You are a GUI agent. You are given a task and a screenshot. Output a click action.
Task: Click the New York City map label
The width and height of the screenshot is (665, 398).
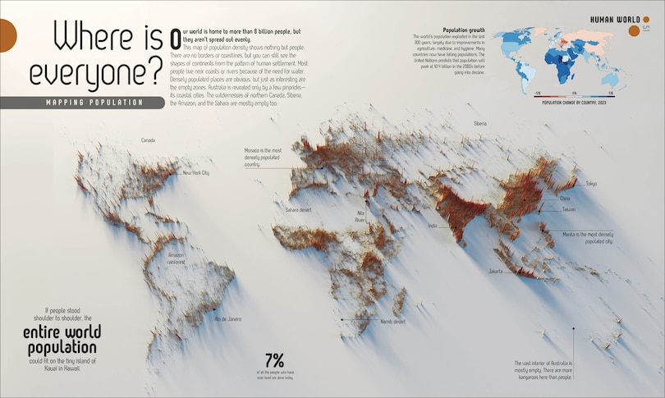click(x=195, y=173)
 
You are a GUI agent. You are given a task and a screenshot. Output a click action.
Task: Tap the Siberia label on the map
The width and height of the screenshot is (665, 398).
click(x=479, y=123)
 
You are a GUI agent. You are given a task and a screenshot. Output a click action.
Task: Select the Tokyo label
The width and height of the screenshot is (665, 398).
click(x=591, y=184)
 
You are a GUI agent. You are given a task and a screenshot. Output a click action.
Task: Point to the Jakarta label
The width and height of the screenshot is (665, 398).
click(x=495, y=270)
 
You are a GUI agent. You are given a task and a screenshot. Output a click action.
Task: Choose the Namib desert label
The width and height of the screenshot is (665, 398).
click(x=393, y=321)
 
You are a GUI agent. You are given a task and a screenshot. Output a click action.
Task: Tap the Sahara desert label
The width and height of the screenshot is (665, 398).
click(x=300, y=210)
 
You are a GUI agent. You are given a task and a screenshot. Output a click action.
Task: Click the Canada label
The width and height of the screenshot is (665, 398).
click(x=148, y=140)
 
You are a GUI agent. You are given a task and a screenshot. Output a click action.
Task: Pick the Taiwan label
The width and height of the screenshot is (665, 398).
click(x=568, y=209)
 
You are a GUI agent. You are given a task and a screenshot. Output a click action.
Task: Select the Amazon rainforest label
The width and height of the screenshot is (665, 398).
click(x=176, y=258)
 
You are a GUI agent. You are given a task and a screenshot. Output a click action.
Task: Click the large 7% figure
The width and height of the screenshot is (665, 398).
click(x=274, y=359)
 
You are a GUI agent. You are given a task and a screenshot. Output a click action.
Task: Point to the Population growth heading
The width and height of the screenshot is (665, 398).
click(x=463, y=30)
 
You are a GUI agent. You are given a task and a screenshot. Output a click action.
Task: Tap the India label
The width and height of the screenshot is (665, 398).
click(x=433, y=225)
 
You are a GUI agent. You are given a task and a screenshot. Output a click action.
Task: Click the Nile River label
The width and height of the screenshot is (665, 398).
click(x=360, y=216)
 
